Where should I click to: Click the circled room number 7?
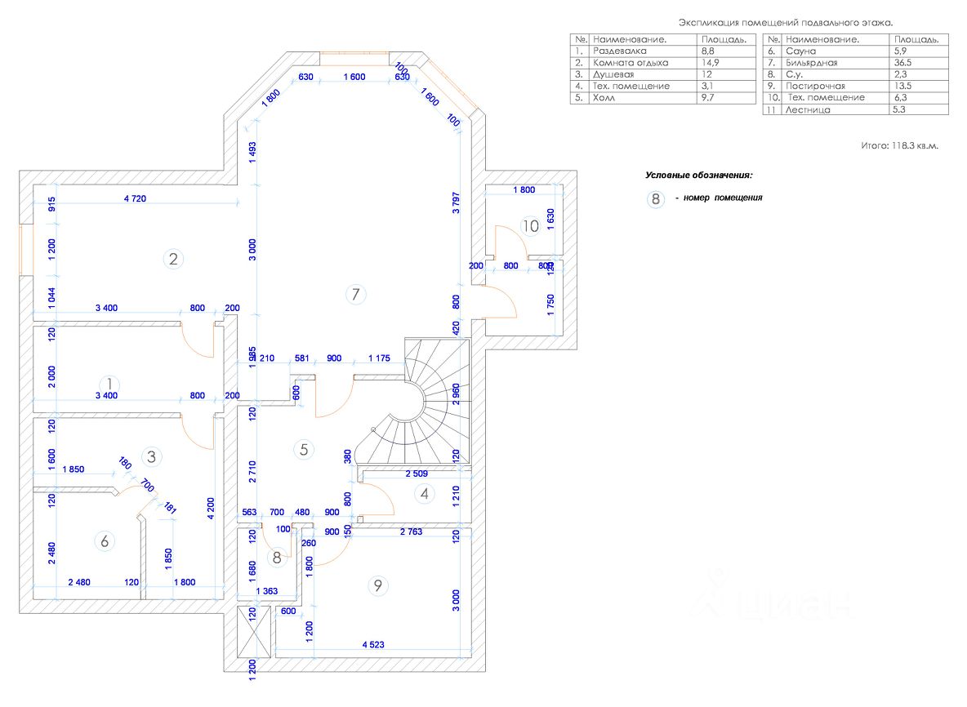tap(354, 295)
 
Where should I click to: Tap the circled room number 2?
tap(173, 260)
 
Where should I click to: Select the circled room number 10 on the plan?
tap(531, 225)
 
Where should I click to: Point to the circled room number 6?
tap(104, 540)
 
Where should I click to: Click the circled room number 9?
tap(377, 585)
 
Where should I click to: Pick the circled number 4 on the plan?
tap(423, 493)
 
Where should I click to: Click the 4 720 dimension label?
tap(136, 198)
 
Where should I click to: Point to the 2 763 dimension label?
tap(412, 531)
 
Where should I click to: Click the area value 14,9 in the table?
tap(709, 62)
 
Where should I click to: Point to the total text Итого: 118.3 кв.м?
tap(900, 145)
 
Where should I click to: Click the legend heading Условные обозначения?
tap(698, 175)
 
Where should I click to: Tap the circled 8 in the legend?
tap(654, 198)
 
